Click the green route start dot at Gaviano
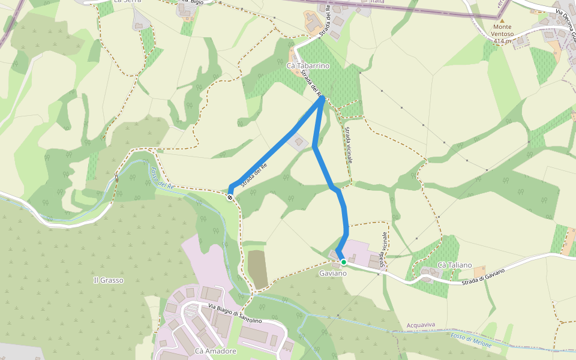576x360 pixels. click(343, 262)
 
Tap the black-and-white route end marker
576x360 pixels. click(230, 197)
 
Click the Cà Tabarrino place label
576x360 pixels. click(308, 66)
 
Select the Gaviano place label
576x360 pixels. click(332, 274)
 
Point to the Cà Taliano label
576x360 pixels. click(454, 265)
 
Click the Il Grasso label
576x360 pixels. click(109, 280)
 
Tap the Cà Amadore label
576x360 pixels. click(215, 351)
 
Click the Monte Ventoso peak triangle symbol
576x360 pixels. click(502, 20)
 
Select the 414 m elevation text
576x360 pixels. click(503, 41)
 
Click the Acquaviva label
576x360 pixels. click(421, 325)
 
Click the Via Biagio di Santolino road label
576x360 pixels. click(235, 313)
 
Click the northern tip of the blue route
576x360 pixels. click(323, 97)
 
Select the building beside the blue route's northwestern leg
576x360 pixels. click(298, 142)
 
